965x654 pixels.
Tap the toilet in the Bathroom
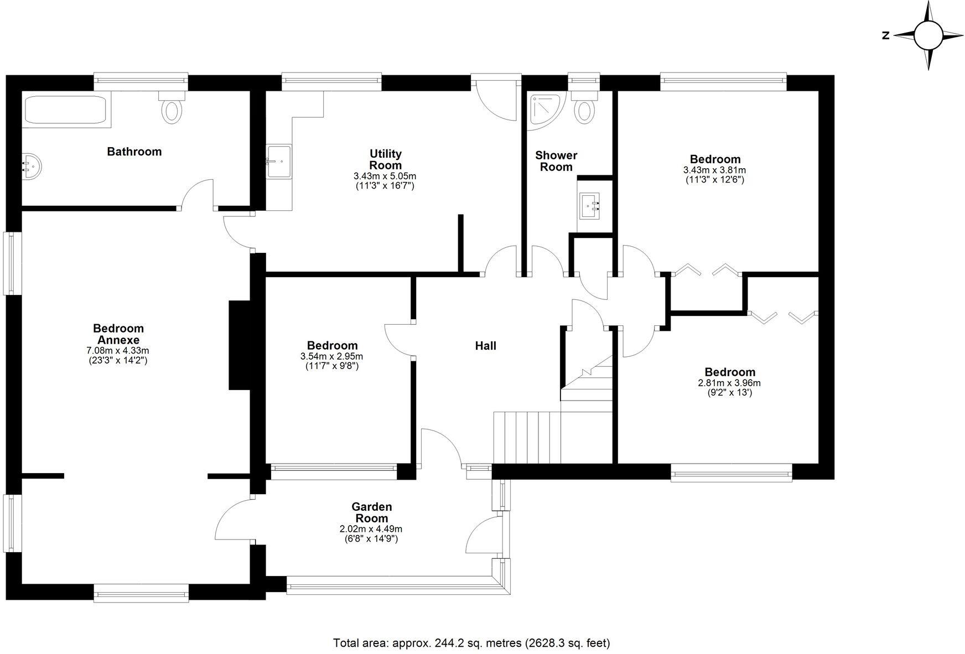pyautogui.click(x=172, y=108)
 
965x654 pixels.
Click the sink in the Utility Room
pyautogui.click(x=279, y=161)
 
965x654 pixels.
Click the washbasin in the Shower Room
pyautogui.click(x=590, y=206)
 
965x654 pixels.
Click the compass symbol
pyautogui.click(x=928, y=35)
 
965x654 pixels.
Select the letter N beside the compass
pyautogui.click(x=885, y=36)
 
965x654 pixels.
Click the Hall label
pyautogui.click(x=485, y=346)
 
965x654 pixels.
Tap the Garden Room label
pyautogui.click(x=372, y=512)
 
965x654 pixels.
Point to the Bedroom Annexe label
pyautogui.click(x=118, y=334)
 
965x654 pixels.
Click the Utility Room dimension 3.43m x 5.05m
pyautogui.click(x=385, y=176)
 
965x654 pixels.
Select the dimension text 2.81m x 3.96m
pyautogui.click(x=730, y=383)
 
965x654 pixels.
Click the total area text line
pyautogui.click(x=471, y=643)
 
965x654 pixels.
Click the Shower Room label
pyautogui.click(x=556, y=161)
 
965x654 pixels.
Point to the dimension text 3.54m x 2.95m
pyautogui.click(x=332, y=356)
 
